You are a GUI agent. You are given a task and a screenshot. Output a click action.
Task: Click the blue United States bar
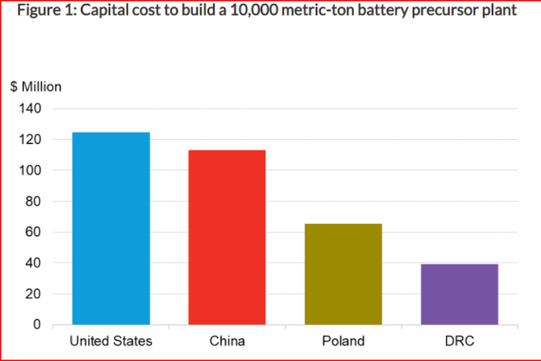point(111,228)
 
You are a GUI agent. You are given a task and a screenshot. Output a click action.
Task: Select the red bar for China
point(226,237)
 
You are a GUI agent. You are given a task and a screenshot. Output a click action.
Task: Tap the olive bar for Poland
point(342,274)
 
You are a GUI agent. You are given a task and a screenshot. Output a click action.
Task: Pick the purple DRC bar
point(458,294)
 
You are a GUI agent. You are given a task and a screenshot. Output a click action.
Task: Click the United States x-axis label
point(111,340)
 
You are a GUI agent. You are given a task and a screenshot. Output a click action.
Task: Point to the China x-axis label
point(226,340)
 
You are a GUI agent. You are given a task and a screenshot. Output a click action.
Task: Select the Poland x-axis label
point(342,340)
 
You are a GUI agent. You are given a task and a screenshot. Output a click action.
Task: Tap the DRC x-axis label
point(458,340)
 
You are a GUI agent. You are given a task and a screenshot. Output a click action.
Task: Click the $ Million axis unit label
point(36,87)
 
